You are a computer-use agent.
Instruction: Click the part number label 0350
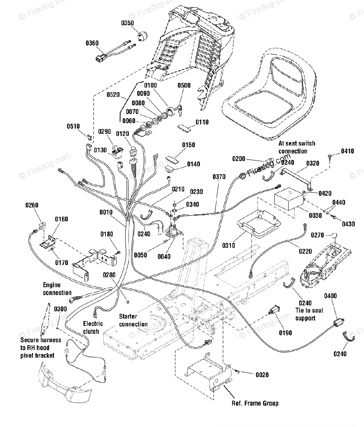pyautogui.click(x=128, y=23)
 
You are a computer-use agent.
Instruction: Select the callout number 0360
pyautogui.click(x=92, y=43)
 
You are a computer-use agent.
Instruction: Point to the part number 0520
pyautogui.click(x=113, y=95)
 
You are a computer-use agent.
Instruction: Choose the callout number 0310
pyautogui.click(x=229, y=246)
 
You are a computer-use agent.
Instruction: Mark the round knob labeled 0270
pyautogui.click(x=334, y=236)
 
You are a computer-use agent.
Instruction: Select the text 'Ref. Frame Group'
pyautogui.click(x=255, y=403)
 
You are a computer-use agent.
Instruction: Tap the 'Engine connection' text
pyautogui.click(x=57, y=289)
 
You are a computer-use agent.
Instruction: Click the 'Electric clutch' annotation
pyautogui.click(x=93, y=327)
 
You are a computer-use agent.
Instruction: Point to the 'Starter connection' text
pyautogui.click(x=134, y=320)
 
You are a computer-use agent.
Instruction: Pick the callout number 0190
pyautogui.click(x=285, y=333)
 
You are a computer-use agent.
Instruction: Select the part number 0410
pyautogui.click(x=348, y=151)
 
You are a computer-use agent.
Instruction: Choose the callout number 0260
pyautogui.click(x=32, y=205)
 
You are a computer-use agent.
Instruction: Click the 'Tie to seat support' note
pyautogui.click(x=309, y=314)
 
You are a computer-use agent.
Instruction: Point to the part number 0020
pyautogui.click(x=262, y=375)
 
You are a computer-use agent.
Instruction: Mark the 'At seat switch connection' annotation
pyautogui.click(x=297, y=147)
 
